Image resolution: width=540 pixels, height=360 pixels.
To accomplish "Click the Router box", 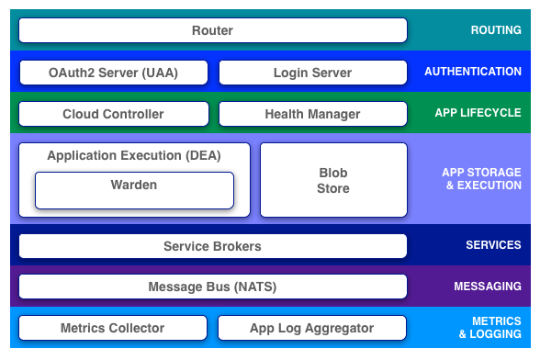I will (x=212, y=30).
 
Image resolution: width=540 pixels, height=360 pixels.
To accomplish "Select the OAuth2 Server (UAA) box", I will (x=113, y=72).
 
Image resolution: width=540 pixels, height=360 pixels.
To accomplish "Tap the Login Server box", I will (x=312, y=72).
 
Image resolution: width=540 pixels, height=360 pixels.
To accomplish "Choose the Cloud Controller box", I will (x=113, y=114).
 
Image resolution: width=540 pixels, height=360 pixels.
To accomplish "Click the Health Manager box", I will (x=312, y=114).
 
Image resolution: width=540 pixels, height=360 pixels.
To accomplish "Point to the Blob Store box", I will (x=332, y=180).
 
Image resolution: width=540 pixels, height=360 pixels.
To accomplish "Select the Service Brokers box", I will (x=212, y=246).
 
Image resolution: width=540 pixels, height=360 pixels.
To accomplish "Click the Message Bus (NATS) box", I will (x=212, y=287).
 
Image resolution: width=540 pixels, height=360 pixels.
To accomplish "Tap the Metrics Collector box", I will (x=113, y=328).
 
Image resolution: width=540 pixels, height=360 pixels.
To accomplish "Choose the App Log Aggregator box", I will (x=312, y=328).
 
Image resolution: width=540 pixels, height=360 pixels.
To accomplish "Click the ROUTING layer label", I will (x=496, y=30).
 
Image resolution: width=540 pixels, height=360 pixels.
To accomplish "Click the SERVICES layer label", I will (x=493, y=246).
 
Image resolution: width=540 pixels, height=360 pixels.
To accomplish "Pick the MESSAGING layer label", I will (x=488, y=287).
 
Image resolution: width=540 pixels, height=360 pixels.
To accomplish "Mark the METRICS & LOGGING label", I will (x=488, y=328).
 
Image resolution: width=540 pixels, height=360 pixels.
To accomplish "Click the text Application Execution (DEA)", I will (x=134, y=155).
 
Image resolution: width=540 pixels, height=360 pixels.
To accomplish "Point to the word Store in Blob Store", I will (x=333, y=188).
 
